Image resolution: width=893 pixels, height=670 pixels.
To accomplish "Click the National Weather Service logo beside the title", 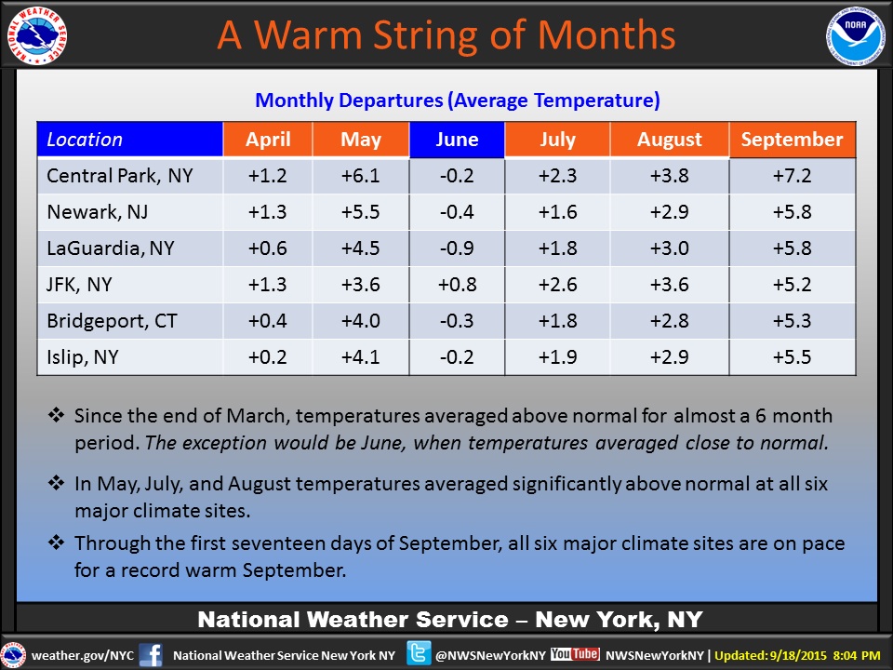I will coord(36,38).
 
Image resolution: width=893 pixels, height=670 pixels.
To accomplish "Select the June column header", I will coord(457,140).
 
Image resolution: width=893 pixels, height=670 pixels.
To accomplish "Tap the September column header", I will coord(792,140).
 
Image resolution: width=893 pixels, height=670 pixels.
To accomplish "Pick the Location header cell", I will coord(129,140).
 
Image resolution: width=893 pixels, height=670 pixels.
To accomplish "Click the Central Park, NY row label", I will coord(120,175).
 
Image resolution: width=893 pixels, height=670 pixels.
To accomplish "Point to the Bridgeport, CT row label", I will coord(112,321).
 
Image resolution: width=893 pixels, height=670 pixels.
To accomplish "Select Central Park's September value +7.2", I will coord(792,175).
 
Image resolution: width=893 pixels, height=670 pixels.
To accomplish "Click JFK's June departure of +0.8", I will coord(457,285).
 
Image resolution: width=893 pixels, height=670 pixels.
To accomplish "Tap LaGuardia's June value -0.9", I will coord(457,248).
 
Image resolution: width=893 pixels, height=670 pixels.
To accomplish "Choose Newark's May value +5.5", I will coord(361,212).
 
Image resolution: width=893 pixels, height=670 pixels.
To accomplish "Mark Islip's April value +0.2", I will coord(267,357).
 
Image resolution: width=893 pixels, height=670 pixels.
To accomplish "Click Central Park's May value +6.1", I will coord(361,175).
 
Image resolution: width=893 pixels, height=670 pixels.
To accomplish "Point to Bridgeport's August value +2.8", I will coord(669,321).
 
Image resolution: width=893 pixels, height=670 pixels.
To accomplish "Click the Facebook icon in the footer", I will coord(151,654).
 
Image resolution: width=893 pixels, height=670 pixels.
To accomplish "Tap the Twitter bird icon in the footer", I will coord(419,654).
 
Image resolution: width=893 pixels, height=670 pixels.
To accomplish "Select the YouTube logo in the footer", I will coord(574,654).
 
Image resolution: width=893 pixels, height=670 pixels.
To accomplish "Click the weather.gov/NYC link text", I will coord(83,655).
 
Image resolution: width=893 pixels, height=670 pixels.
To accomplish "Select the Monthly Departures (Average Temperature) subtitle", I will coord(457,100).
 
